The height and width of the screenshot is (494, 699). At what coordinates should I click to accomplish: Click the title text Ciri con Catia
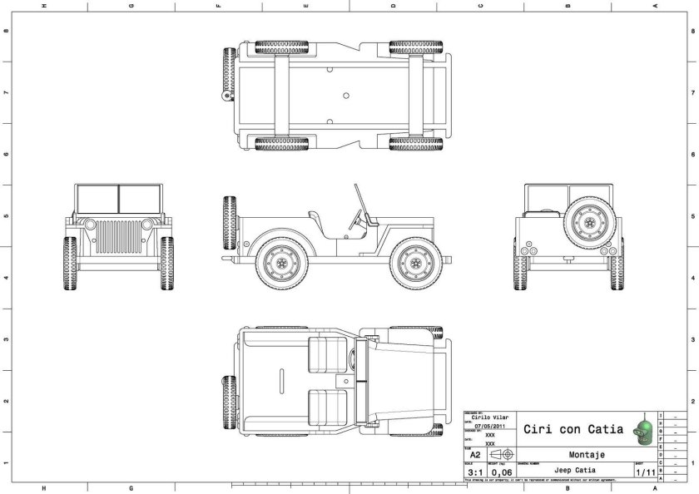click(x=573, y=429)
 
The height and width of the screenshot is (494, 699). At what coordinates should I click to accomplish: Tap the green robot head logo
click(x=642, y=427)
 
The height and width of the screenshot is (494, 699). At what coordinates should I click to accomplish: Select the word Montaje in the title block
click(x=586, y=455)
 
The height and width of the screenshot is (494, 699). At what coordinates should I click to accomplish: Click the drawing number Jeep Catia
click(x=574, y=471)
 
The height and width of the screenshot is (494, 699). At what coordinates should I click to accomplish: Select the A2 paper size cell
click(x=474, y=455)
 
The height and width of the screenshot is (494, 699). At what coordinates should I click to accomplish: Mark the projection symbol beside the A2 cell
click(x=502, y=455)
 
